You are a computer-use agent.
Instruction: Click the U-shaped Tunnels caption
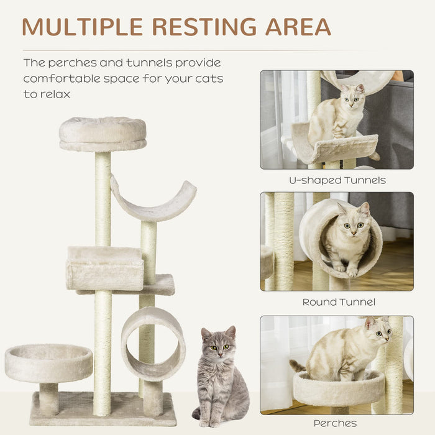[337, 180]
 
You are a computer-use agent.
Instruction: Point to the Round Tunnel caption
[339, 302]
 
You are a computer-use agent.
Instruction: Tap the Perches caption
[335, 423]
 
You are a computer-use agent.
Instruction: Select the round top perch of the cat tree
[103, 133]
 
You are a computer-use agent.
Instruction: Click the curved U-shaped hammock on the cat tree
[153, 203]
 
